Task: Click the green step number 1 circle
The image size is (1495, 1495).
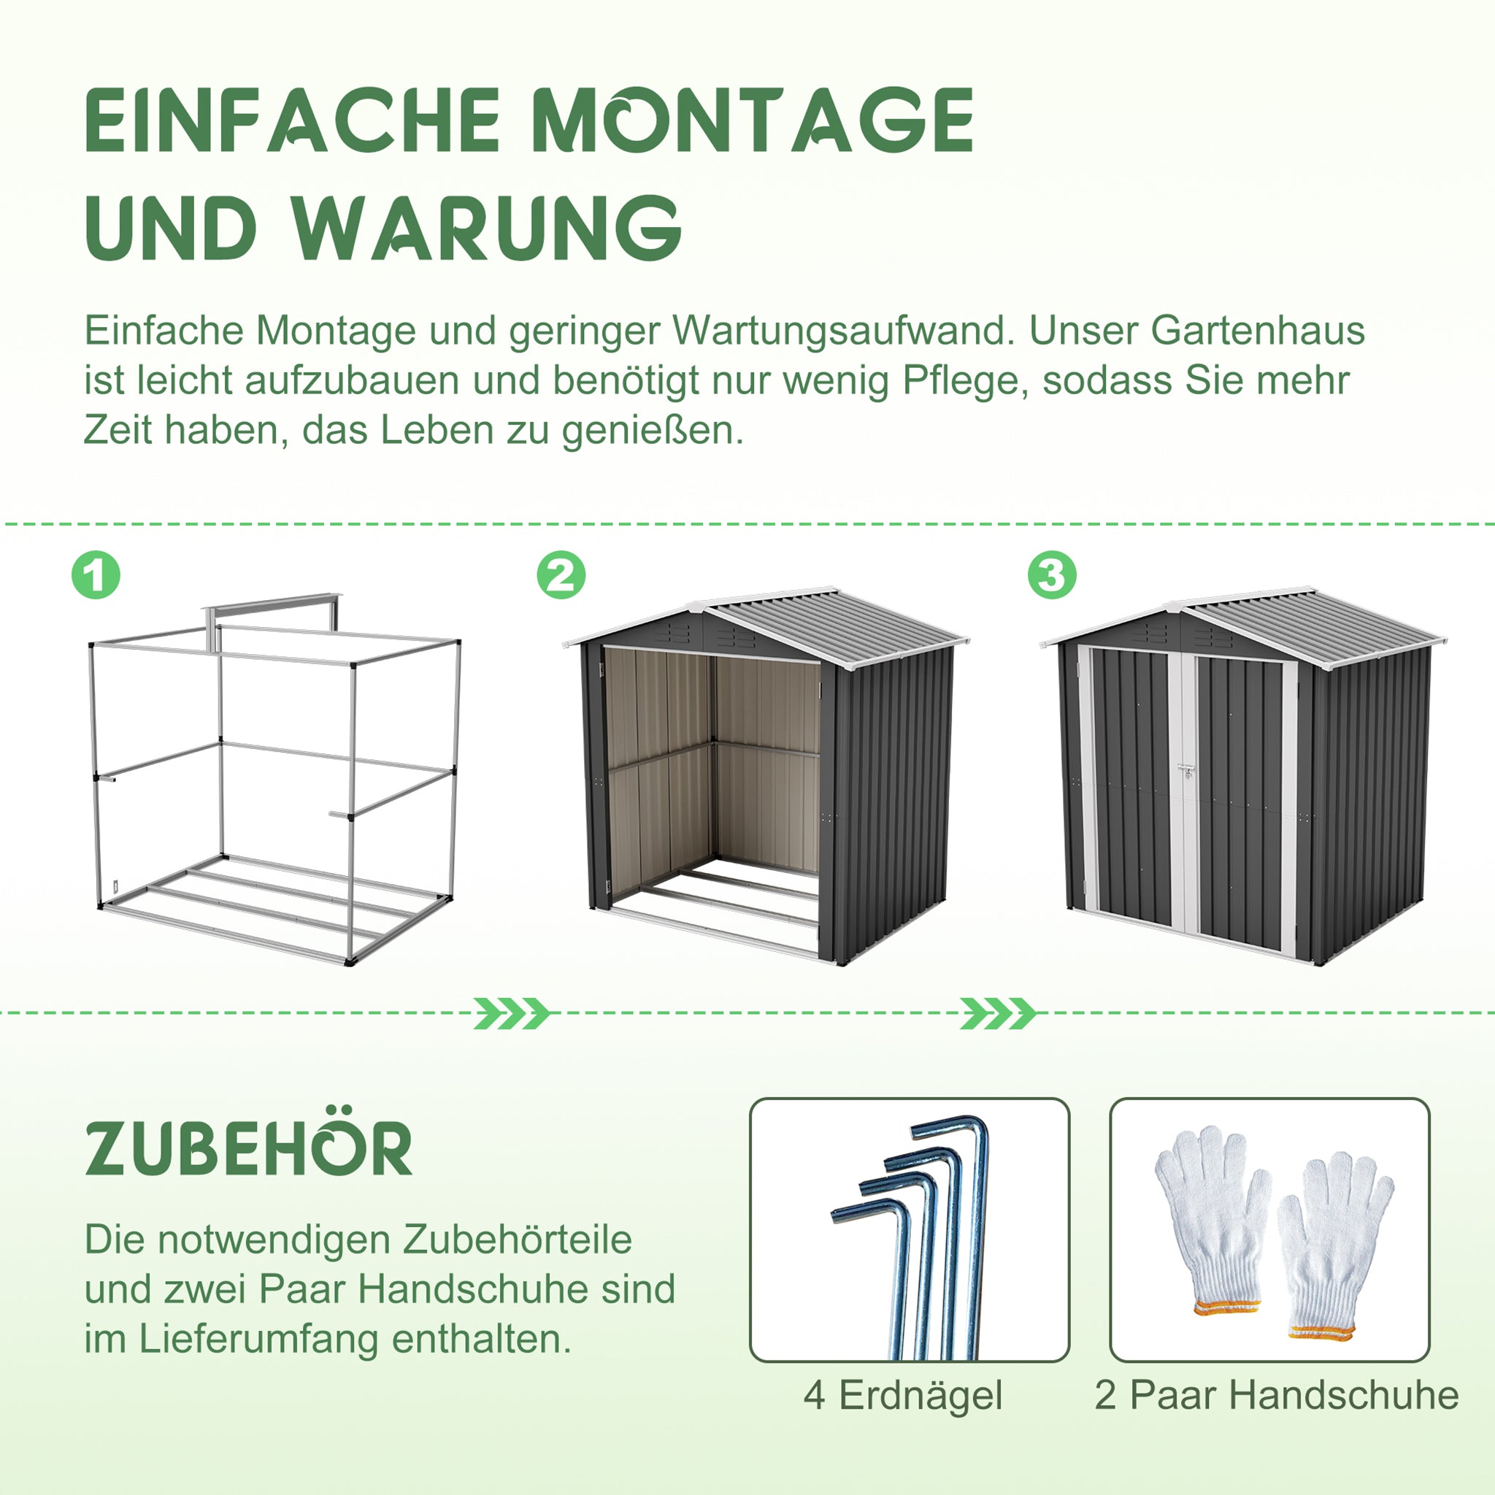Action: (x=96, y=575)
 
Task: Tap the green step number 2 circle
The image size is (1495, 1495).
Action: (x=561, y=575)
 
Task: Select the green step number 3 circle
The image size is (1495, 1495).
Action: (x=1052, y=575)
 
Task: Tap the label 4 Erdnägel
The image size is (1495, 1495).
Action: (x=902, y=1395)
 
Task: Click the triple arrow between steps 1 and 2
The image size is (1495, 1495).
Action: (x=512, y=1013)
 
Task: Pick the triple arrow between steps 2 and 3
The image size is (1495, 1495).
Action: (x=997, y=1013)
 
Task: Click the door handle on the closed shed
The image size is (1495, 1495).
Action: (x=1186, y=770)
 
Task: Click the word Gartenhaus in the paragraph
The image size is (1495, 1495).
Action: (x=1258, y=331)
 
